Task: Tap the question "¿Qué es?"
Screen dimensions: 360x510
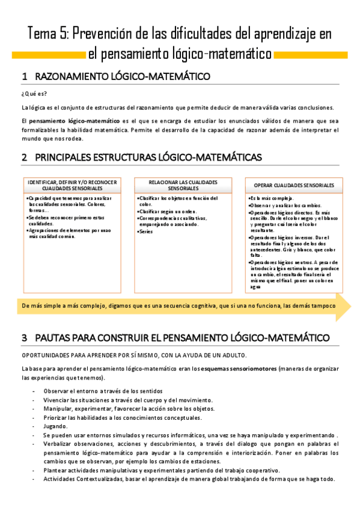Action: click(x=34, y=93)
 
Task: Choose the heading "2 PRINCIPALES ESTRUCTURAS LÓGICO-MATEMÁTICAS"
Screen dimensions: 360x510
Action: click(x=141, y=158)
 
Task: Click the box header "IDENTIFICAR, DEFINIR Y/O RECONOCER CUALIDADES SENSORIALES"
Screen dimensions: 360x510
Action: click(x=73, y=185)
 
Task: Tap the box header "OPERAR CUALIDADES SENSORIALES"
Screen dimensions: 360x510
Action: click(x=294, y=185)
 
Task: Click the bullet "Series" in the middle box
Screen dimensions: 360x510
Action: click(x=147, y=231)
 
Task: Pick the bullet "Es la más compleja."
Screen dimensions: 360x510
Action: click(x=272, y=198)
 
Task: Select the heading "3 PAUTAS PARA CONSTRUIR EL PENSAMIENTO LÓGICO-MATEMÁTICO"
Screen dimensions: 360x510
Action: click(x=175, y=338)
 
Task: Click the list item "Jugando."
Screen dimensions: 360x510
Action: click(x=56, y=425)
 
